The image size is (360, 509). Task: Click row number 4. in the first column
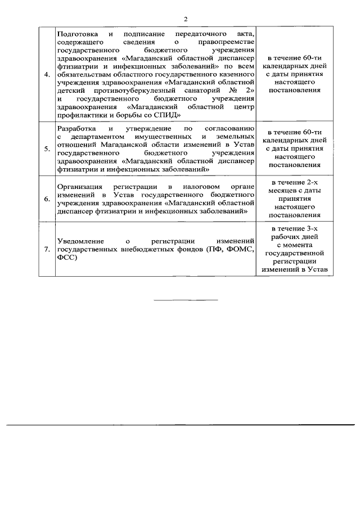[x=47, y=74]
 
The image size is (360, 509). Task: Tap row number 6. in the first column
[x=47, y=199]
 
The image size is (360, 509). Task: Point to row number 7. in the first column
[x=47, y=249]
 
